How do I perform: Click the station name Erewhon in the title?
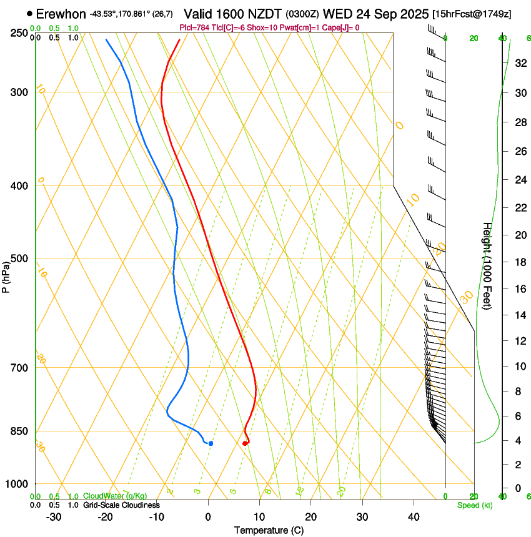click(x=61, y=14)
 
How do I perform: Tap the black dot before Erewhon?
click(x=29, y=13)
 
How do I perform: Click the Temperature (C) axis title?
click(x=269, y=530)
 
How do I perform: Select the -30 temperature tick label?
click(x=54, y=517)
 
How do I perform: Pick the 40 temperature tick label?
click(x=414, y=517)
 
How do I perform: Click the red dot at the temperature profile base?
click(x=245, y=443)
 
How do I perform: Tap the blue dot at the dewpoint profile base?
click(x=211, y=443)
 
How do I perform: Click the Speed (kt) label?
click(x=474, y=505)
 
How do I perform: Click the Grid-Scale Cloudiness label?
click(x=121, y=505)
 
